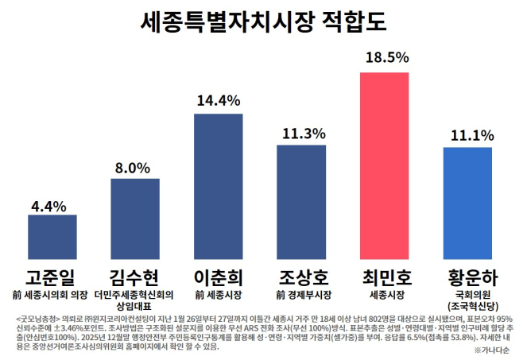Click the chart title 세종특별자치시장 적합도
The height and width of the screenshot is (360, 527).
(x=263, y=21)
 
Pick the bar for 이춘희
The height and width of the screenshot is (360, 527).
(x=219, y=187)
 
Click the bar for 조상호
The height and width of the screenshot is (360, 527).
(x=301, y=202)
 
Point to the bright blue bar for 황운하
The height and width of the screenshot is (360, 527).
(x=467, y=203)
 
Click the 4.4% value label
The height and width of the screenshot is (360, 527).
(x=52, y=205)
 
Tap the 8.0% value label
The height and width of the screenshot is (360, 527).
(x=135, y=168)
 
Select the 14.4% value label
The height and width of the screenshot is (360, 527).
(x=219, y=101)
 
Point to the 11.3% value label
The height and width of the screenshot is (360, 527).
(x=301, y=134)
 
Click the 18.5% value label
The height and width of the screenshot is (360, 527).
(x=386, y=57)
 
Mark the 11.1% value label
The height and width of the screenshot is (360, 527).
(x=468, y=135)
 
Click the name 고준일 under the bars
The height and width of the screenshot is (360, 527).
(x=52, y=277)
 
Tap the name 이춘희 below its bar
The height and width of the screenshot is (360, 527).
(x=219, y=277)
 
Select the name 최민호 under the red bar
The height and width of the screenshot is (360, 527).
(x=385, y=277)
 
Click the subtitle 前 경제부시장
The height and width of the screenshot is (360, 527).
(x=301, y=295)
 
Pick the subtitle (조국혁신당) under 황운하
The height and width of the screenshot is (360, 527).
(x=468, y=305)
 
